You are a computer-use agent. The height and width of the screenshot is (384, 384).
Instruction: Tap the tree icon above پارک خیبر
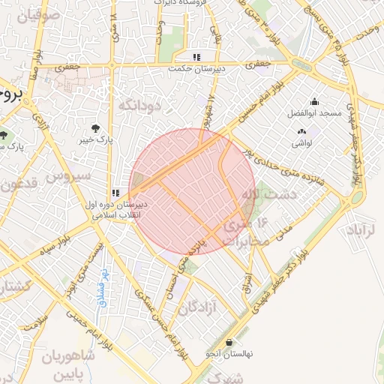click(95, 127)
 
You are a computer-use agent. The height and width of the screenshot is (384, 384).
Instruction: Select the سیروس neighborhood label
click(68, 177)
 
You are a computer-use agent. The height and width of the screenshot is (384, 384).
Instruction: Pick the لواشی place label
click(301, 142)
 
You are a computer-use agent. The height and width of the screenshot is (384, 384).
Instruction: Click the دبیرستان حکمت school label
click(197, 66)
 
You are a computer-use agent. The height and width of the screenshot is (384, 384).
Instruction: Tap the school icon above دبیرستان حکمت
click(196, 56)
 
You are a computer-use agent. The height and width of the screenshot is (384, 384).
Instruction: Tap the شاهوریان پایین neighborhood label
click(69, 363)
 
